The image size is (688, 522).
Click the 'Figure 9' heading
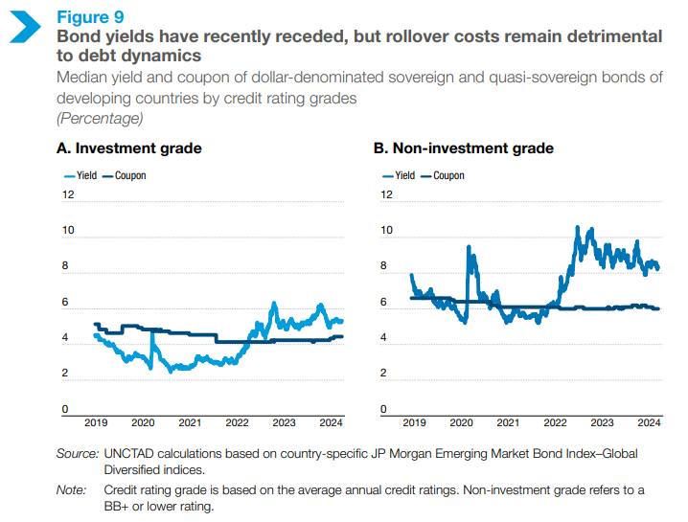[90, 17]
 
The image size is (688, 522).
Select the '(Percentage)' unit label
[100, 118]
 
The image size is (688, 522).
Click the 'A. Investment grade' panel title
[128, 148]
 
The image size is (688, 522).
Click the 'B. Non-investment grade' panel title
[463, 148]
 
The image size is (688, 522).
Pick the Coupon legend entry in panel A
[125, 175]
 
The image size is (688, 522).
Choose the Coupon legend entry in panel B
[442, 175]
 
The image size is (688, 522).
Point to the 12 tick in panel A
[68, 194]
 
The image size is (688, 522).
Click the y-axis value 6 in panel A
[65, 303]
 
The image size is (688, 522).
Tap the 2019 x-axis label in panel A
[96, 422]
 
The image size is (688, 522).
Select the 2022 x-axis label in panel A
[237, 422]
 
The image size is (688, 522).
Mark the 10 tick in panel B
[386, 231]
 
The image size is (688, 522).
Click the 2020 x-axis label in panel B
[460, 422]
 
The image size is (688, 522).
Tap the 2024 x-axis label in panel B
[648, 422]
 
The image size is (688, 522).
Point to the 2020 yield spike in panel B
[469, 248]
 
